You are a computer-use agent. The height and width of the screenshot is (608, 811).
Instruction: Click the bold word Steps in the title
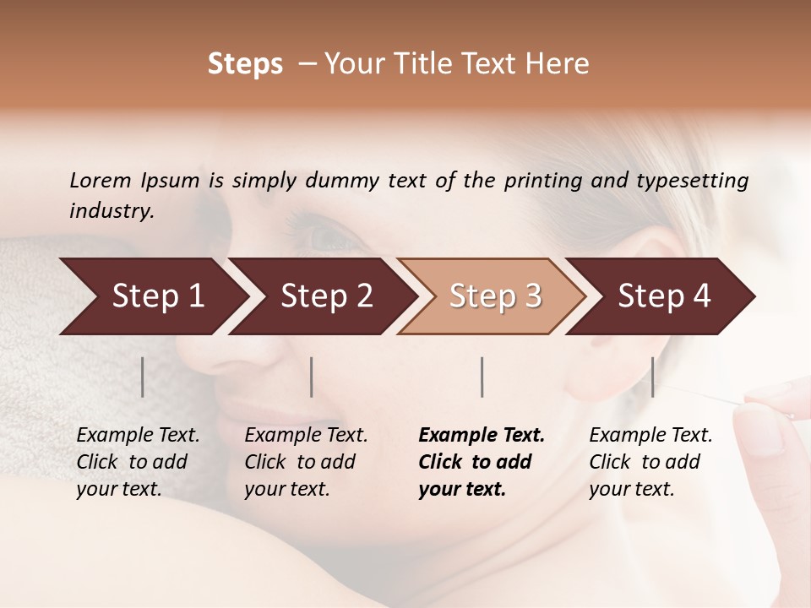tap(245, 64)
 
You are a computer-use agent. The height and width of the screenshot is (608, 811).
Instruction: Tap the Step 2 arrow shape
tap(321, 296)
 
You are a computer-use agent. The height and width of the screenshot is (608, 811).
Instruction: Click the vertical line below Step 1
tap(143, 377)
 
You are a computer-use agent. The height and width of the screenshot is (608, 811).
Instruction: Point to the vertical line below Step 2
tap(312, 377)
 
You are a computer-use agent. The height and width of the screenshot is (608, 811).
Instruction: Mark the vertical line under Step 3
tap(482, 377)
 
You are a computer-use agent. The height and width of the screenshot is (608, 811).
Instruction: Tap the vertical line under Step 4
tap(652, 377)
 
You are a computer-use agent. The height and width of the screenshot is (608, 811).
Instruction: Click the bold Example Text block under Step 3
tap(482, 462)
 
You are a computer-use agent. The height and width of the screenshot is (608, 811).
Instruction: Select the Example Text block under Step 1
tap(138, 462)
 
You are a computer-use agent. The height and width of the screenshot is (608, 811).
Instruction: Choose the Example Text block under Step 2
tap(306, 462)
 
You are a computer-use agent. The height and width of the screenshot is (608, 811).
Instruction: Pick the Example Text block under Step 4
tap(650, 462)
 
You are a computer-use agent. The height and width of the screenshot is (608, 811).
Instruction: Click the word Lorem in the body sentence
tap(101, 181)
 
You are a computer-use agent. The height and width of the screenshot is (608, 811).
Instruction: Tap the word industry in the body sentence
tap(112, 211)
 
